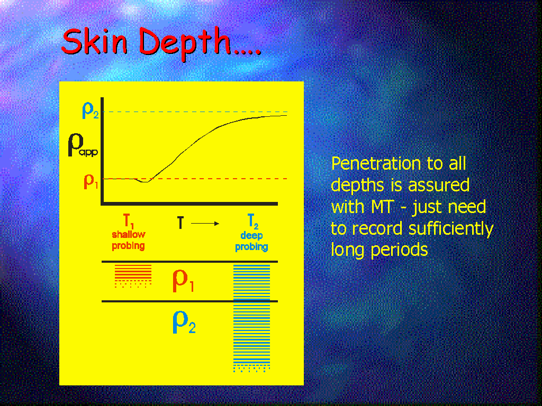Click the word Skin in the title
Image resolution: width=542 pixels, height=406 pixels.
click(94, 41)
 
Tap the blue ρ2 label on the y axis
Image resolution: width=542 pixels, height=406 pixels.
click(90, 110)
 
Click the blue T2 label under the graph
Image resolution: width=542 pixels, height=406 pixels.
click(252, 222)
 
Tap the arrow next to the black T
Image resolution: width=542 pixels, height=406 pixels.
click(205, 224)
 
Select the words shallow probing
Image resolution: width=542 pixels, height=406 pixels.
click(128, 241)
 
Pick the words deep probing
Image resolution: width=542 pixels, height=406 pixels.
click(251, 241)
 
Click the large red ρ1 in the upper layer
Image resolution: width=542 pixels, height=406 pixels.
click(183, 280)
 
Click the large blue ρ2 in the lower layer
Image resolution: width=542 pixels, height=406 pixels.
click(184, 322)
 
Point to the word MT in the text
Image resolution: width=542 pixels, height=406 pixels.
click(382, 207)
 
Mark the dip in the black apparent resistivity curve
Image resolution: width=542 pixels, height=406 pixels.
click(145, 181)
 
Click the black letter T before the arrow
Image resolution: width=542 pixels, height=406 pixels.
click(180, 223)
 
